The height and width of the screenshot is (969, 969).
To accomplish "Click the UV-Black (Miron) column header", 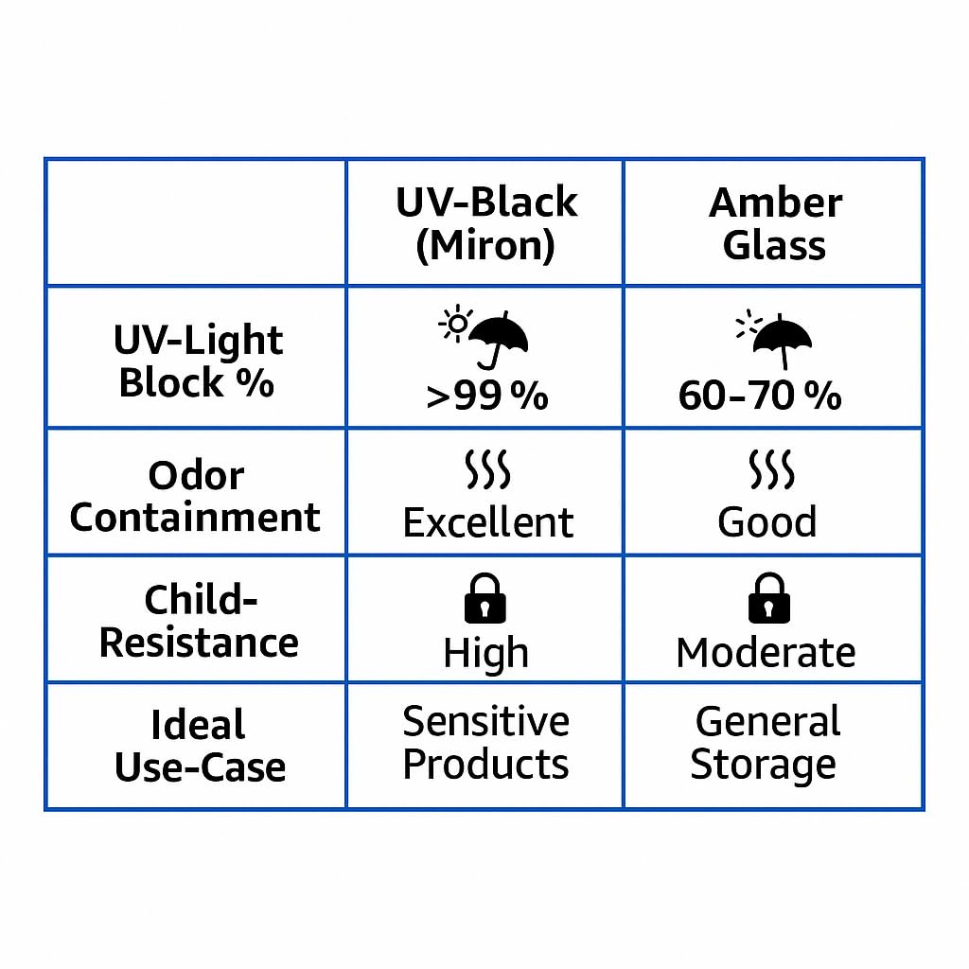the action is click(x=486, y=223).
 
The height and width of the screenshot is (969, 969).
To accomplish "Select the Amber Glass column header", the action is click(x=775, y=223).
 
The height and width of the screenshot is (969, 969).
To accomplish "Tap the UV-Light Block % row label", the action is click(x=198, y=361).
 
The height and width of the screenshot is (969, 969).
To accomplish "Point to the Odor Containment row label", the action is click(x=195, y=496).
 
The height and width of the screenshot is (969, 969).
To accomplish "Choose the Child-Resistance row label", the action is click(x=199, y=621).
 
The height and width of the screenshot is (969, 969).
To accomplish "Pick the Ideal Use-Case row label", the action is click(x=200, y=746).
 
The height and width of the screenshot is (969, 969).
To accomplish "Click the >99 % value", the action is click(x=487, y=396).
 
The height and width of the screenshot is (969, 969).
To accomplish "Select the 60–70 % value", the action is click(x=760, y=396).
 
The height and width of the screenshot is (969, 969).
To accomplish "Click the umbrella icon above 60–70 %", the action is click(x=783, y=340).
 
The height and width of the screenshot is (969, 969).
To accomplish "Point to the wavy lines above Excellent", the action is click(x=487, y=469).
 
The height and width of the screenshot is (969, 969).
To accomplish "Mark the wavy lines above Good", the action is click(x=772, y=469).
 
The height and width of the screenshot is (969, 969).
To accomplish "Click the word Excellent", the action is click(x=488, y=522).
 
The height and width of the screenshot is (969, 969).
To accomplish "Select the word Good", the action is click(x=766, y=522).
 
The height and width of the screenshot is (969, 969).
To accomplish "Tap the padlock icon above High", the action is click(x=485, y=598).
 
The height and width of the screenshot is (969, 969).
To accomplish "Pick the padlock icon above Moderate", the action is click(x=769, y=598).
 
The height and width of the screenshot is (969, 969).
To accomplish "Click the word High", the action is click(x=486, y=654).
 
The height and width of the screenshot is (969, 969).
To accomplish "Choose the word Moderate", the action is click(x=766, y=653).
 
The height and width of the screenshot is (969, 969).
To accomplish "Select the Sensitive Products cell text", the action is click(x=485, y=743).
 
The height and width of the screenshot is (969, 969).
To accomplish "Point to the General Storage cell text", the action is click(x=766, y=743).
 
